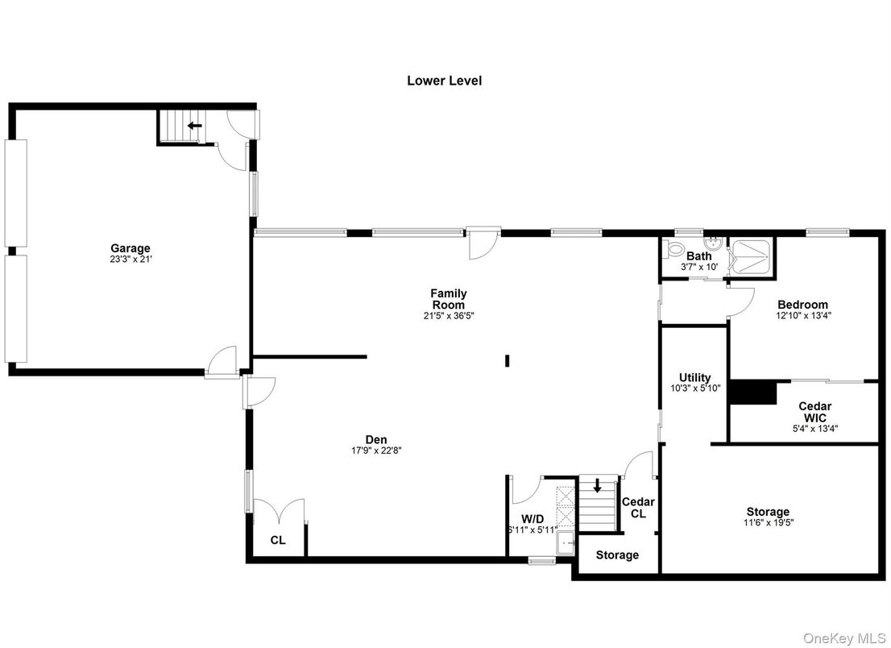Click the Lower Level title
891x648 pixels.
(444, 81)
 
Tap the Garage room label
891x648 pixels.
(131, 248)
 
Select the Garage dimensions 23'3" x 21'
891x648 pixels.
(131, 260)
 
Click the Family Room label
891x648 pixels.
(448, 299)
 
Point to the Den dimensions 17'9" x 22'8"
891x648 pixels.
(376, 451)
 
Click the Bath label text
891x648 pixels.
(698, 256)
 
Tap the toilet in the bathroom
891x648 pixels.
(674, 249)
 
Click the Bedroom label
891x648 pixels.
(802, 305)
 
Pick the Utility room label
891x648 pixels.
(694, 377)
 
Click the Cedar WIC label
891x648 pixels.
(814, 412)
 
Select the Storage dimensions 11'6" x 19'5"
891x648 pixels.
(767, 522)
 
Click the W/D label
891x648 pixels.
(533, 518)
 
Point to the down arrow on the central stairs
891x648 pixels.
(597, 486)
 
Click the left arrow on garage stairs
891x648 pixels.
(194, 126)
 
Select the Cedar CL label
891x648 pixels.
(638, 508)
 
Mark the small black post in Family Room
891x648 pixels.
(507, 361)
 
